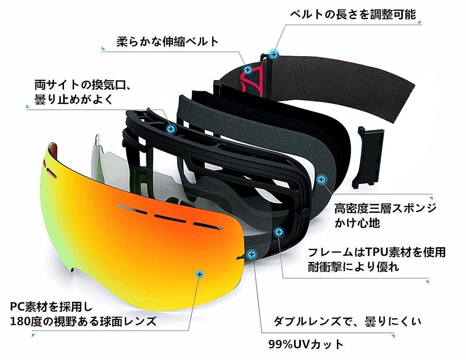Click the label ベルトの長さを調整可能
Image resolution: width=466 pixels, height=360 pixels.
[353, 15]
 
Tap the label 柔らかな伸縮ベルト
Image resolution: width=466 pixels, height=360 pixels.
[168, 42]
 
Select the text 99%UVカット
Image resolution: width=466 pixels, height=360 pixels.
[306, 344]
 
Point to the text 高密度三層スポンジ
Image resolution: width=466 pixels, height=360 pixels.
[385, 208]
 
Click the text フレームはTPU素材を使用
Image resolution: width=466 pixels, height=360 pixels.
[377, 252]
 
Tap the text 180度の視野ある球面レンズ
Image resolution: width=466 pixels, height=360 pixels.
[83, 322]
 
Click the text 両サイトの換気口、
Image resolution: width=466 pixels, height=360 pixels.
[83, 85]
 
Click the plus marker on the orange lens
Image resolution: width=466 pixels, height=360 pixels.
[200, 274]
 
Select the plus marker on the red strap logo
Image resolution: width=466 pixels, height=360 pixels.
[248, 70]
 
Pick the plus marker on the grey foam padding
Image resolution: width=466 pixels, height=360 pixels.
[321, 179]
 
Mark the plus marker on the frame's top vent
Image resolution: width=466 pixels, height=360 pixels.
[171, 129]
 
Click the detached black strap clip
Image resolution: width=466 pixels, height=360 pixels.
[368, 158]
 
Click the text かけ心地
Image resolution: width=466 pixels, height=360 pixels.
[357, 223]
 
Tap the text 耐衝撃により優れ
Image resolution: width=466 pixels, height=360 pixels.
[353, 267]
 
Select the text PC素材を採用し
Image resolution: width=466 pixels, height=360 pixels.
[51, 306]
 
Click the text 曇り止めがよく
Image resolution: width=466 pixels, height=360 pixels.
[74, 100]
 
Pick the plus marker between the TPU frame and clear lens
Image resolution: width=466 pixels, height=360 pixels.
[279, 232]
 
